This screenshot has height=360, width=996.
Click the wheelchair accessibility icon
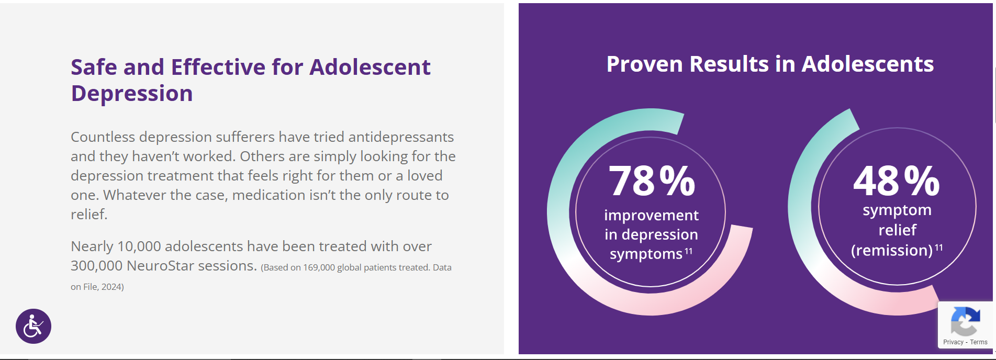33,326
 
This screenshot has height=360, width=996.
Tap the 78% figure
652,181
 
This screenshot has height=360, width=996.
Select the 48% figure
897,181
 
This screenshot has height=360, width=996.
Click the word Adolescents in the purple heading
868,64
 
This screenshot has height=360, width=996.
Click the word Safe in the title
94,67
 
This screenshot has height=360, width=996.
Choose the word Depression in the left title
132,94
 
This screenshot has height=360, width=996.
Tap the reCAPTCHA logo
965,321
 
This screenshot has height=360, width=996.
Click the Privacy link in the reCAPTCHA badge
953,342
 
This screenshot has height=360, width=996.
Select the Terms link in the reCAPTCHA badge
979,342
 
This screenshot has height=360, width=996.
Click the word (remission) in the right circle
892,250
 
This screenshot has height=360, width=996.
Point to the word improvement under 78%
651,215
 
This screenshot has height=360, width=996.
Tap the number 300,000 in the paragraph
97,266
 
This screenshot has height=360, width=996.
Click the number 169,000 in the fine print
319,267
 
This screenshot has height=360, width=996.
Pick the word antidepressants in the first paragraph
401,137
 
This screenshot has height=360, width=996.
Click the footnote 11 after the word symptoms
688,251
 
